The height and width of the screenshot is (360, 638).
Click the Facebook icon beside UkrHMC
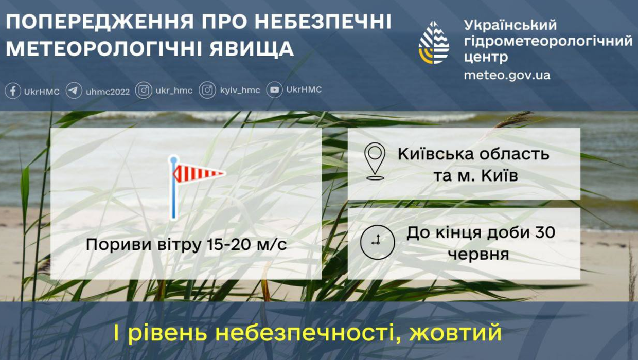[13, 91]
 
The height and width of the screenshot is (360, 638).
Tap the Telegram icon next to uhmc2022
[74, 91]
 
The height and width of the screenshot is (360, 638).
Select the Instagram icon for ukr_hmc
[144, 91]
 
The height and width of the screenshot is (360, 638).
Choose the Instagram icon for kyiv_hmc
[207, 91]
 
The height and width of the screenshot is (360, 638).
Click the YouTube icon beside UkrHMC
[274, 90]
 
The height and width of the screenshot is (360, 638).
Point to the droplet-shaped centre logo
[434, 42]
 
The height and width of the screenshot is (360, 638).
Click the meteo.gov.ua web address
[507, 75]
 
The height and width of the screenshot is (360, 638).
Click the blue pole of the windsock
[174, 188]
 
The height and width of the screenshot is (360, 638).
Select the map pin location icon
[375, 161]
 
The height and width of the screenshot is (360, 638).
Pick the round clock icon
[377, 242]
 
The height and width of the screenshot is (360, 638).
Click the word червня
[478, 254]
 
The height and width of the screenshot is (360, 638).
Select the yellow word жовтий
[455, 333]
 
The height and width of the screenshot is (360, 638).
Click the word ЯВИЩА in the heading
[252, 49]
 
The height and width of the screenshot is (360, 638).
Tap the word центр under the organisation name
[486, 57]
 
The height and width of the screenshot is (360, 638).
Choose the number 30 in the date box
[545, 232]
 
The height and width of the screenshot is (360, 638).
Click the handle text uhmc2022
[108, 92]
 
